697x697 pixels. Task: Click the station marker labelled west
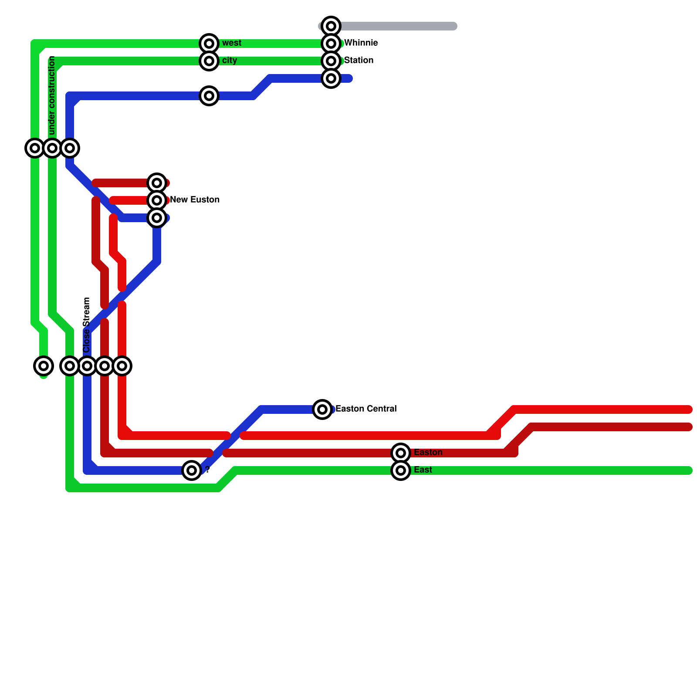[x=209, y=44]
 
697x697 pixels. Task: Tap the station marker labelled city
[x=209, y=61]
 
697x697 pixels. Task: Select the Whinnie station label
[x=361, y=43]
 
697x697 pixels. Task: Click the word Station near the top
[x=359, y=61]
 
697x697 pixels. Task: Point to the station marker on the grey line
[x=331, y=26]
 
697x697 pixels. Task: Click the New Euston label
[x=195, y=200]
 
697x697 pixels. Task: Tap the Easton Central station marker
[x=322, y=409]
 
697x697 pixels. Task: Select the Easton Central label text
[x=366, y=409]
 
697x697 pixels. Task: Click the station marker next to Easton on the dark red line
[x=401, y=453]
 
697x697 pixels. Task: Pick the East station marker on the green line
[x=401, y=470]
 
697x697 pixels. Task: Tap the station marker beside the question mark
[x=192, y=470]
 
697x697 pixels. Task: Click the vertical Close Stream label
[x=87, y=325]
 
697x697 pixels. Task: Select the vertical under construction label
[x=52, y=96]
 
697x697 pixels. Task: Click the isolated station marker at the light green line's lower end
[x=44, y=366]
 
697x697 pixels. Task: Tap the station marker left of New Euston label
[x=157, y=200]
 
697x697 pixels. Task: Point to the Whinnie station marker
[x=331, y=44]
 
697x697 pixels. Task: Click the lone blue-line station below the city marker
[x=209, y=96]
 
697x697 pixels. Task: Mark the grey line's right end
[x=454, y=26]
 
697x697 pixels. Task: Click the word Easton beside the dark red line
[x=428, y=453]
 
